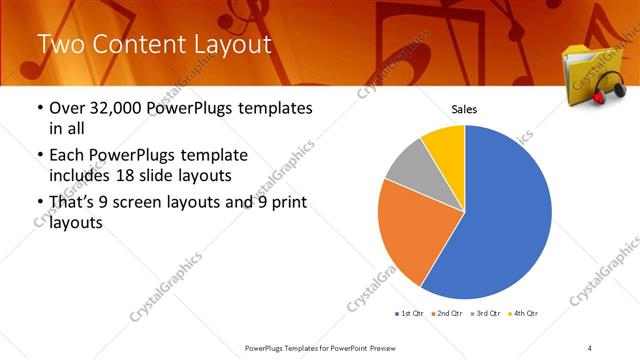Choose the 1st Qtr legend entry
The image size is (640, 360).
pos(409,313)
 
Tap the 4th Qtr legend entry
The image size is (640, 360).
pos(523,313)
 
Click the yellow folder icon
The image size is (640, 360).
pos(584,70)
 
